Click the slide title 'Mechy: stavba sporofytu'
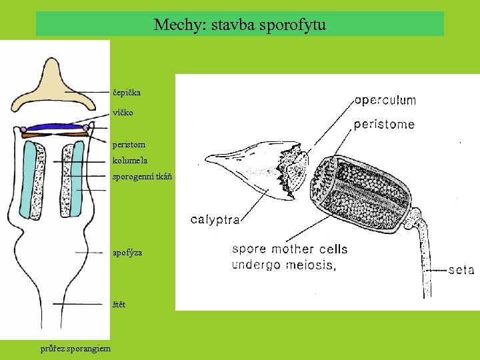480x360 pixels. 239,25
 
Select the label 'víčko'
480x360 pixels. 123,113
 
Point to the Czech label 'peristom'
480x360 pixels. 129,144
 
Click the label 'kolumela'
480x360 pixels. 130,161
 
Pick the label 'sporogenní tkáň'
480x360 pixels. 142,177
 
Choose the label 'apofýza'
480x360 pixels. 127,253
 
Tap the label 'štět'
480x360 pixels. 119,305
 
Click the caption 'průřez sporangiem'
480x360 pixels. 75,347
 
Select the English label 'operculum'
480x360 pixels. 385,101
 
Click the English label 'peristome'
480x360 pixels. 383,124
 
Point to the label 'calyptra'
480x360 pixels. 215,219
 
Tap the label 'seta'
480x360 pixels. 461,270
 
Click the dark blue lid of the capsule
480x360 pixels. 55,127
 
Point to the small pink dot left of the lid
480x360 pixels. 23,129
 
